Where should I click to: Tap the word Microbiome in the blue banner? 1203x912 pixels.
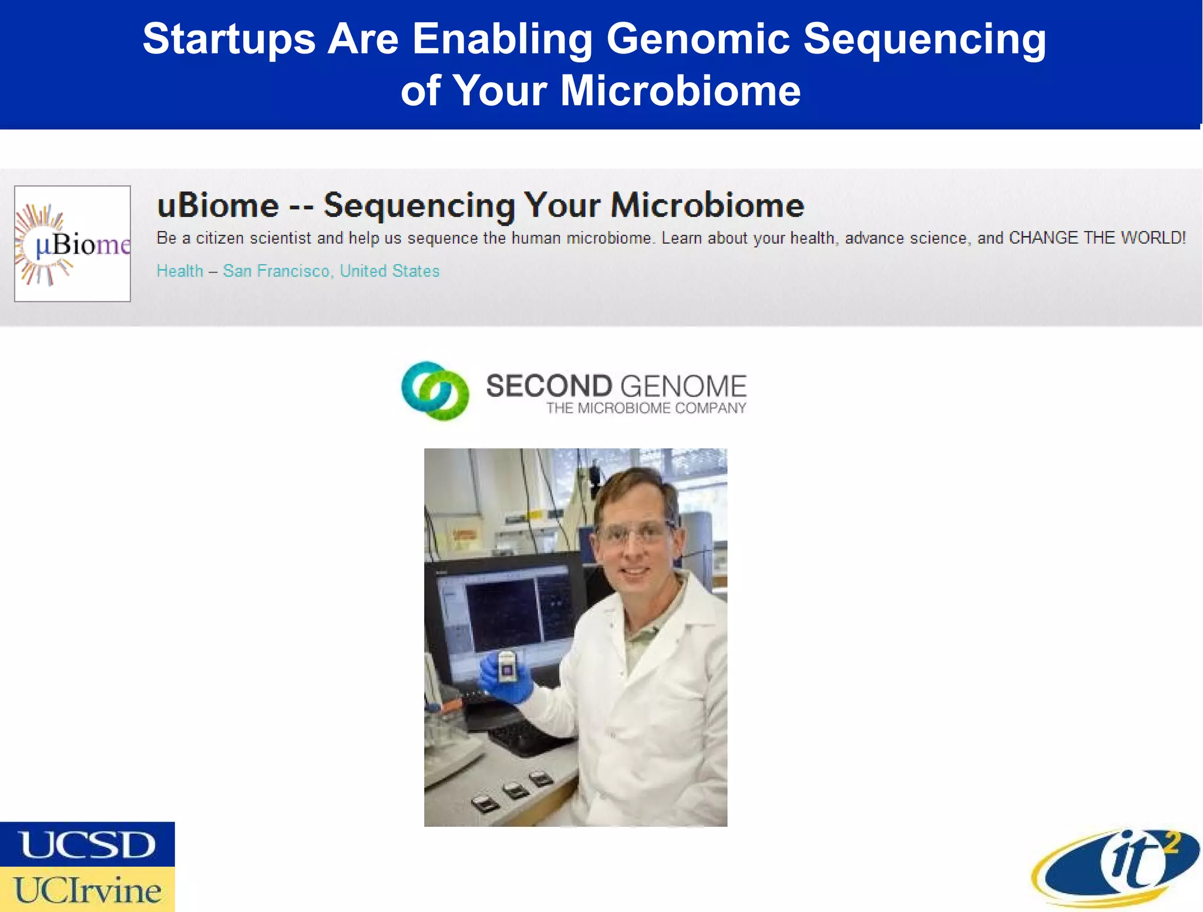click(x=680, y=92)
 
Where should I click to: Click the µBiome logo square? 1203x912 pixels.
click(x=72, y=244)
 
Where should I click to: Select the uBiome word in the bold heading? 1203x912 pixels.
click(x=217, y=206)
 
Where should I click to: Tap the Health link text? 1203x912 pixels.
click(x=180, y=271)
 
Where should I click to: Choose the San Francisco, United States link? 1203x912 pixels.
click(x=331, y=271)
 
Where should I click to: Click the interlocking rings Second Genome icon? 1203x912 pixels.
click(x=435, y=391)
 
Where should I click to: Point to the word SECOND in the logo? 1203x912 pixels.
click(x=549, y=386)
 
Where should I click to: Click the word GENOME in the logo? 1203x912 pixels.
click(x=683, y=386)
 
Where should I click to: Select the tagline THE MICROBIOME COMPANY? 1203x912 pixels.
click(x=646, y=408)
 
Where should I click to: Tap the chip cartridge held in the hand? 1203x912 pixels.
click(x=507, y=667)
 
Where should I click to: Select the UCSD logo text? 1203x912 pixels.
click(x=87, y=844)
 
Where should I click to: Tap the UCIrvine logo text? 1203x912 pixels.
click(x=87, y=890)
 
